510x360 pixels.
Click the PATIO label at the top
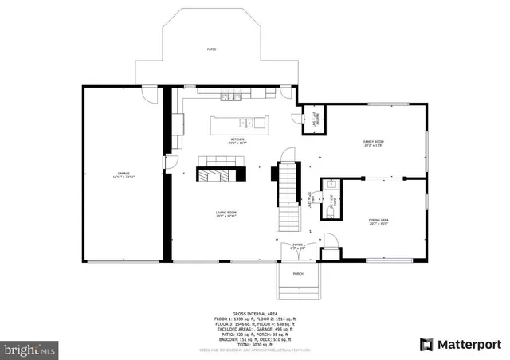212,49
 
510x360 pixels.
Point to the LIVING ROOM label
226,213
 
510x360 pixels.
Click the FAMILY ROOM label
373,143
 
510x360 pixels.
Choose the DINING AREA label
378,221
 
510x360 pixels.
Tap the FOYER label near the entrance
298,246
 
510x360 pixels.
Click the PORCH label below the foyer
298,273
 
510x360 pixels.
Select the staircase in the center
286,194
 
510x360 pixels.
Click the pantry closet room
316,119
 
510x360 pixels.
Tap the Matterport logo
461,344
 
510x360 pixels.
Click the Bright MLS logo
30,349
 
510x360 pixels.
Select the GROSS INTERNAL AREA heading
254,315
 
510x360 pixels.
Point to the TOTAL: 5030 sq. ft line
254,343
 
